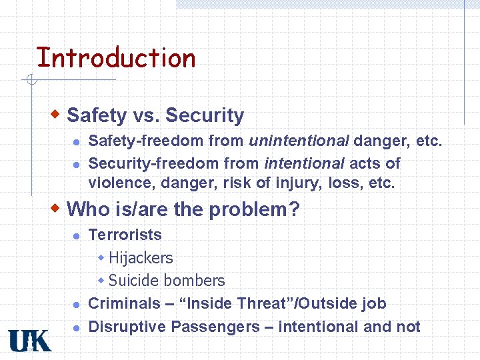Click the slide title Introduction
point(116,58)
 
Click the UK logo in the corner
point(29,341)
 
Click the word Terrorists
point(125,235)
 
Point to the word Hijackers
point(141,258)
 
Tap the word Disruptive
point(127,327)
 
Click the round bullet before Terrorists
point(77,235)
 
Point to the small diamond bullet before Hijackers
point(101,257)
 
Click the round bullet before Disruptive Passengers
point(77,327)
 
